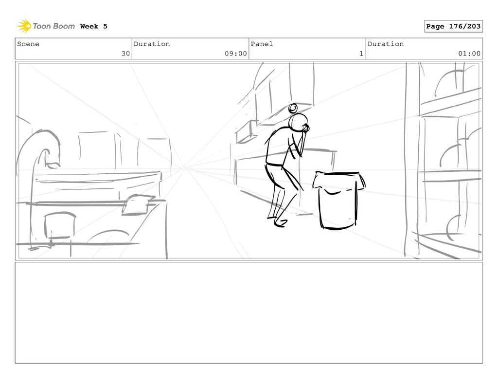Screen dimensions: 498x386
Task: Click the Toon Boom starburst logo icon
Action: pos(24,26)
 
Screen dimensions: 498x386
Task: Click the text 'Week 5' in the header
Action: pos(94,26)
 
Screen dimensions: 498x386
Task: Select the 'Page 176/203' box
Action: pos(453,26)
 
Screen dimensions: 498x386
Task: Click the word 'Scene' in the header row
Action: pos(28,44)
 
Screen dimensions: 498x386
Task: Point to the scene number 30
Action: pos(126,54)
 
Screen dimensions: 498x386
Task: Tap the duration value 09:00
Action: pos(236,54)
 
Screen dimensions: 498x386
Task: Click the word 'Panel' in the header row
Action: pos(262,44)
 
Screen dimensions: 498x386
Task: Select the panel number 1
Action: pos(361,54)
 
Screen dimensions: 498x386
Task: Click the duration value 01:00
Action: pos(469,54)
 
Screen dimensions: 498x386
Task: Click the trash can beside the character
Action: pos(338,201)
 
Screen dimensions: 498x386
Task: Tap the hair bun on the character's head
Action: pos(293,109)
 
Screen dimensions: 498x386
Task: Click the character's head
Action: pos(298,122)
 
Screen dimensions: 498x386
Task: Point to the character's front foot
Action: pos(281,223)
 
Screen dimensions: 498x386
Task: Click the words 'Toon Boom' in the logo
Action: pos(53,26)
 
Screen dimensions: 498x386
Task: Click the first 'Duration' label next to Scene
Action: pos(152,44)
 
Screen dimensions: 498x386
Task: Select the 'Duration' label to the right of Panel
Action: pos(386,44)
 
